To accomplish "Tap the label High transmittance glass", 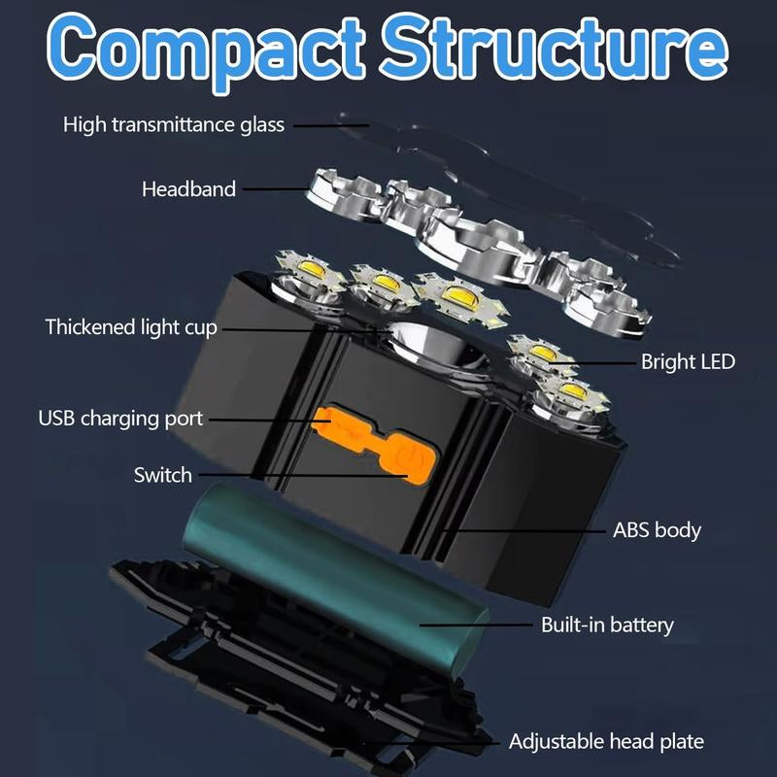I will point(174,124).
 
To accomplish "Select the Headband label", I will point(188,189).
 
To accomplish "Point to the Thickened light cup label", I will point(131,327).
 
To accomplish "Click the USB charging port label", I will point(120,419).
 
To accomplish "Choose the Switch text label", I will point(163,476).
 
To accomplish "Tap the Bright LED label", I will point(688,362).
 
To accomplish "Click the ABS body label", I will point(657,530).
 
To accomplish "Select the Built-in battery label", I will point(607,625).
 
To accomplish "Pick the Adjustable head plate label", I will point(606,742).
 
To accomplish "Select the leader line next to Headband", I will point(277,189).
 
